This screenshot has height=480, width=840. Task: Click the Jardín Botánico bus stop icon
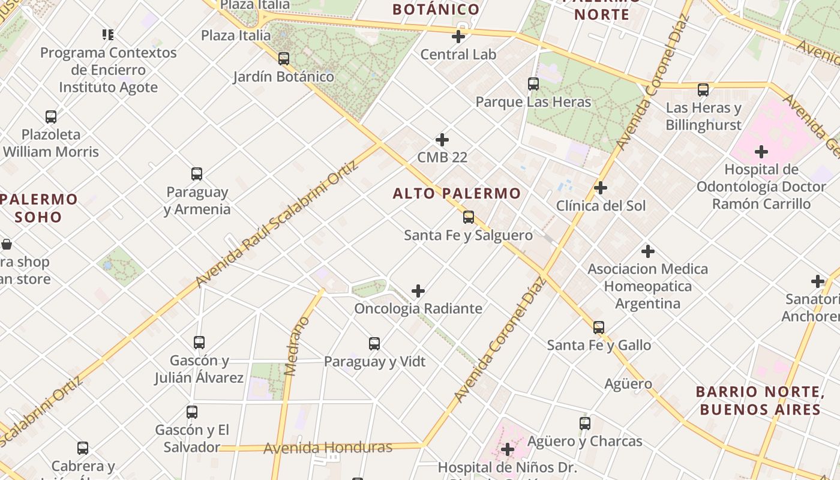point(284,59)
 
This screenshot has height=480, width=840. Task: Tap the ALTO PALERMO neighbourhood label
point(457,193)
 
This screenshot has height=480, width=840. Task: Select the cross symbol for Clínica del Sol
point(600,188)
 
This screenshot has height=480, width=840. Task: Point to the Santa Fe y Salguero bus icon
point(469,217)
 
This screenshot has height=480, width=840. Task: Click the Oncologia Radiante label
point(418,308)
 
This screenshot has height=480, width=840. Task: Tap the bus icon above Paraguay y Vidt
point(374,344)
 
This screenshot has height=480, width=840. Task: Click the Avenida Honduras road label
point(328,448)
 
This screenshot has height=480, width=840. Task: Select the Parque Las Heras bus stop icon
point(533,84)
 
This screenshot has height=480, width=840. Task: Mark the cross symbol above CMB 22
point(442,140)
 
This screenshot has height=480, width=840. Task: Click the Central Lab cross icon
point(458,37)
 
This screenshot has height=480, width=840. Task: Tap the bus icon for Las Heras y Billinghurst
point(703,90)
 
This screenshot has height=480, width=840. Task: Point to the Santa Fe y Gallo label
point(599,345)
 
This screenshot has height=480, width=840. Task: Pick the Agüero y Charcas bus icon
point(585,424)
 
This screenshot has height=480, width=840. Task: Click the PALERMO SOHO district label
point(39,208)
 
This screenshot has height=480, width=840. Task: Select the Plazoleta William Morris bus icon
point(51,116)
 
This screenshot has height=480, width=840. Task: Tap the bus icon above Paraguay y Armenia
point(197,174)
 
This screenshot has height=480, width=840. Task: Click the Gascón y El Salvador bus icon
point(192,412)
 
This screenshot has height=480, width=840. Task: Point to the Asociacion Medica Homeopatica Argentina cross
point(648,251)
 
